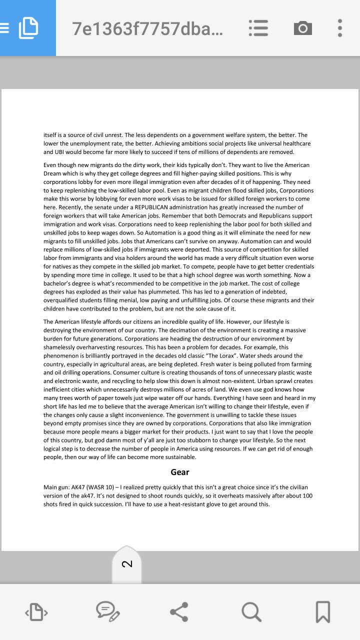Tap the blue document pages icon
tap(28, 27)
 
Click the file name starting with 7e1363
tap(147, 29)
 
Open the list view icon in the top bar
tap(258, 28)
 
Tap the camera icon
tap(302, 28)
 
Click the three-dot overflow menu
tap(340, 28)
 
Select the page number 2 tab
tap(127, 564)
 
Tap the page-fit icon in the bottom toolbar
tap(36, 612)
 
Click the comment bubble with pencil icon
tap(107, 612)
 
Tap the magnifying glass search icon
tap(251, 612)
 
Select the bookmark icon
tap(322, 612)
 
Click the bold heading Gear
tap(180, 472)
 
